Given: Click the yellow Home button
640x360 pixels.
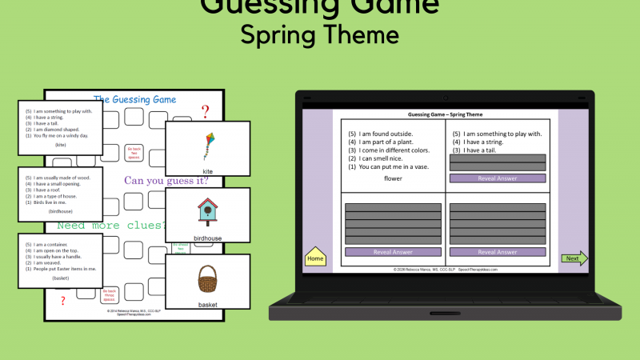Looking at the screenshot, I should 315,258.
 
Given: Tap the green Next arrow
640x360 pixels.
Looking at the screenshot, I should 574,258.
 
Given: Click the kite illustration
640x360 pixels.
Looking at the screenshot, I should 207,146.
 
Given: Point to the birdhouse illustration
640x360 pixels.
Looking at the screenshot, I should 207,212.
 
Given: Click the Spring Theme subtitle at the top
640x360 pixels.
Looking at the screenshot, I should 320,35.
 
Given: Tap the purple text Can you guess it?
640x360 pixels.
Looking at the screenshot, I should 166,181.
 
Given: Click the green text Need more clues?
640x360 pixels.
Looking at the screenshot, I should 108,226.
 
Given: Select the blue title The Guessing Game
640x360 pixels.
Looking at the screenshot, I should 134,100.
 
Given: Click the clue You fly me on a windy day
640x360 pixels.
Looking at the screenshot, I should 58,136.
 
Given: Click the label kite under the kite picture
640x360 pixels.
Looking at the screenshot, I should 207,172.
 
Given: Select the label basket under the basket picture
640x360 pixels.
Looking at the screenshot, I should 207,305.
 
